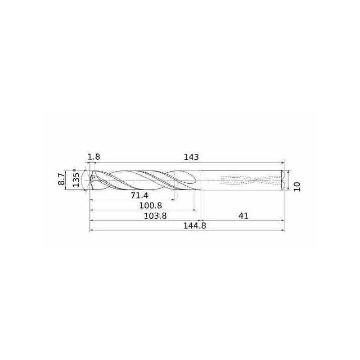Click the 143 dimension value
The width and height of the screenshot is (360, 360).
point(191,157)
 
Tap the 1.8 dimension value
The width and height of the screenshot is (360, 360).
point(94,157)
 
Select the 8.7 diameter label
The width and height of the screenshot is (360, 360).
point(62,179)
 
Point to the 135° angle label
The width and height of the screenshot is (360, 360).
point(76,177)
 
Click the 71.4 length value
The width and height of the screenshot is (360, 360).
point(139,195)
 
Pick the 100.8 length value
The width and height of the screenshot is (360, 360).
point(151,206)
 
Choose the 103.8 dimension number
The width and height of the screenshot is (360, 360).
point(155,216)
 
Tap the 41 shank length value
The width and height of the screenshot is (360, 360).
point(243,216)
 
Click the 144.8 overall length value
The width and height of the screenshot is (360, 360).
point(194,226)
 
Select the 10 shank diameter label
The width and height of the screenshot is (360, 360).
point(297,186)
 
